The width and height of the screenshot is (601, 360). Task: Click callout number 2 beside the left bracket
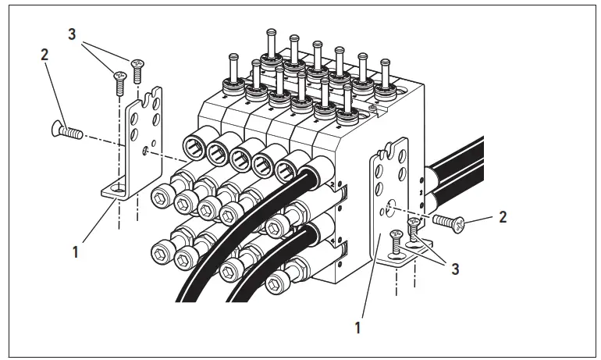tap(44, 55)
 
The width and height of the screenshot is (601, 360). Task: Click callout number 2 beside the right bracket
tap(503, 217)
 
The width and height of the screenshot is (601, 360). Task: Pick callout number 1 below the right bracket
tap(357, 329)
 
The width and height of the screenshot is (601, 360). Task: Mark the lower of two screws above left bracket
tap(119, 82)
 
